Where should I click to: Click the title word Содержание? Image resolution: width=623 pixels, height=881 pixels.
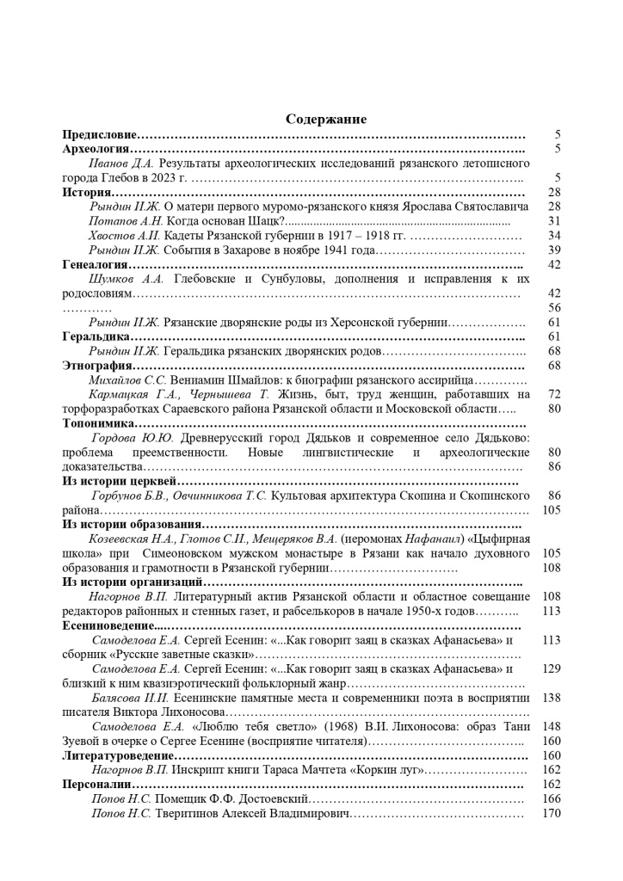(326, 120)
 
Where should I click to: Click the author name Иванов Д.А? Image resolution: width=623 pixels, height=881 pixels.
(121, 163)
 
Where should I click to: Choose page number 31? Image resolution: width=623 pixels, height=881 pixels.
(554, 221)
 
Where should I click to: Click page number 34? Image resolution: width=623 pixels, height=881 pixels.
(554, 236)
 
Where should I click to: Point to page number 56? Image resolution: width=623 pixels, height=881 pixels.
(554, 308)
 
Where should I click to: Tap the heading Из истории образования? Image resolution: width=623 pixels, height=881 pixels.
(132, 524)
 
